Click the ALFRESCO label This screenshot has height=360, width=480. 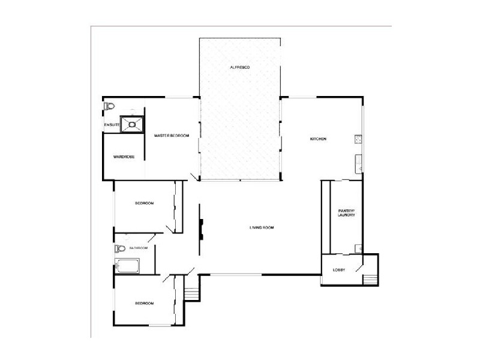(239, 67)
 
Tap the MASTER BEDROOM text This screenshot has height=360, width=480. (172, 136)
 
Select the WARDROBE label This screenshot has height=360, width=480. (124, 157)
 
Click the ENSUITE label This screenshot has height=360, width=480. (112, 124)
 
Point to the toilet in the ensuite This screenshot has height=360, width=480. (109, 106)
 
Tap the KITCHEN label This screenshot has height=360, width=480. (317, 139)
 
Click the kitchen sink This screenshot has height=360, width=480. (358, 162)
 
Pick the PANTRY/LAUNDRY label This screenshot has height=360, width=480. (346, 212)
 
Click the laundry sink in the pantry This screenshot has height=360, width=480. (359, 248)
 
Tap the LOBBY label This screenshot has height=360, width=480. (339, 270)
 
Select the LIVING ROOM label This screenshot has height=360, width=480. (262, 227)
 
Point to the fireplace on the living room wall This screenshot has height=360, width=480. (202, 227)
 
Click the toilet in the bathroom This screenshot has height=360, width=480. (119, 248)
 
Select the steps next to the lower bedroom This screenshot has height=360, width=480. (191, 293)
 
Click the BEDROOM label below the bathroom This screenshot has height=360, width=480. (144, 304)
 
